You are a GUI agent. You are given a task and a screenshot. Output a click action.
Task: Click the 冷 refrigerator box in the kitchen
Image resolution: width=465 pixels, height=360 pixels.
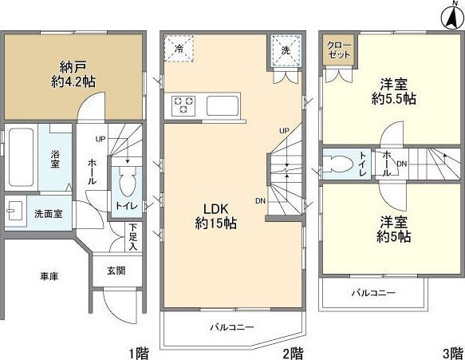tap(179, 48)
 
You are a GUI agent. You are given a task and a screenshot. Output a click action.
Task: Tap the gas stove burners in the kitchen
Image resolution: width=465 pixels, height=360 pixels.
tap(183, 104)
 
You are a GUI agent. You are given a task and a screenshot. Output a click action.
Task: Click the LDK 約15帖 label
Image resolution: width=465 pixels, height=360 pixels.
tap(215, 216)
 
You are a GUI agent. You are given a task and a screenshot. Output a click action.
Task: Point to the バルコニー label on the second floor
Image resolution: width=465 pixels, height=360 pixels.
tap(232, 327)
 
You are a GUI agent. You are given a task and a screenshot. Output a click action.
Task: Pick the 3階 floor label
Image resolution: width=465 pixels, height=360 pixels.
tap(451, 352)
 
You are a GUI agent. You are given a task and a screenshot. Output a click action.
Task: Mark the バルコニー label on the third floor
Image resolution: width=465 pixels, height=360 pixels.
tap(374, 294)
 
